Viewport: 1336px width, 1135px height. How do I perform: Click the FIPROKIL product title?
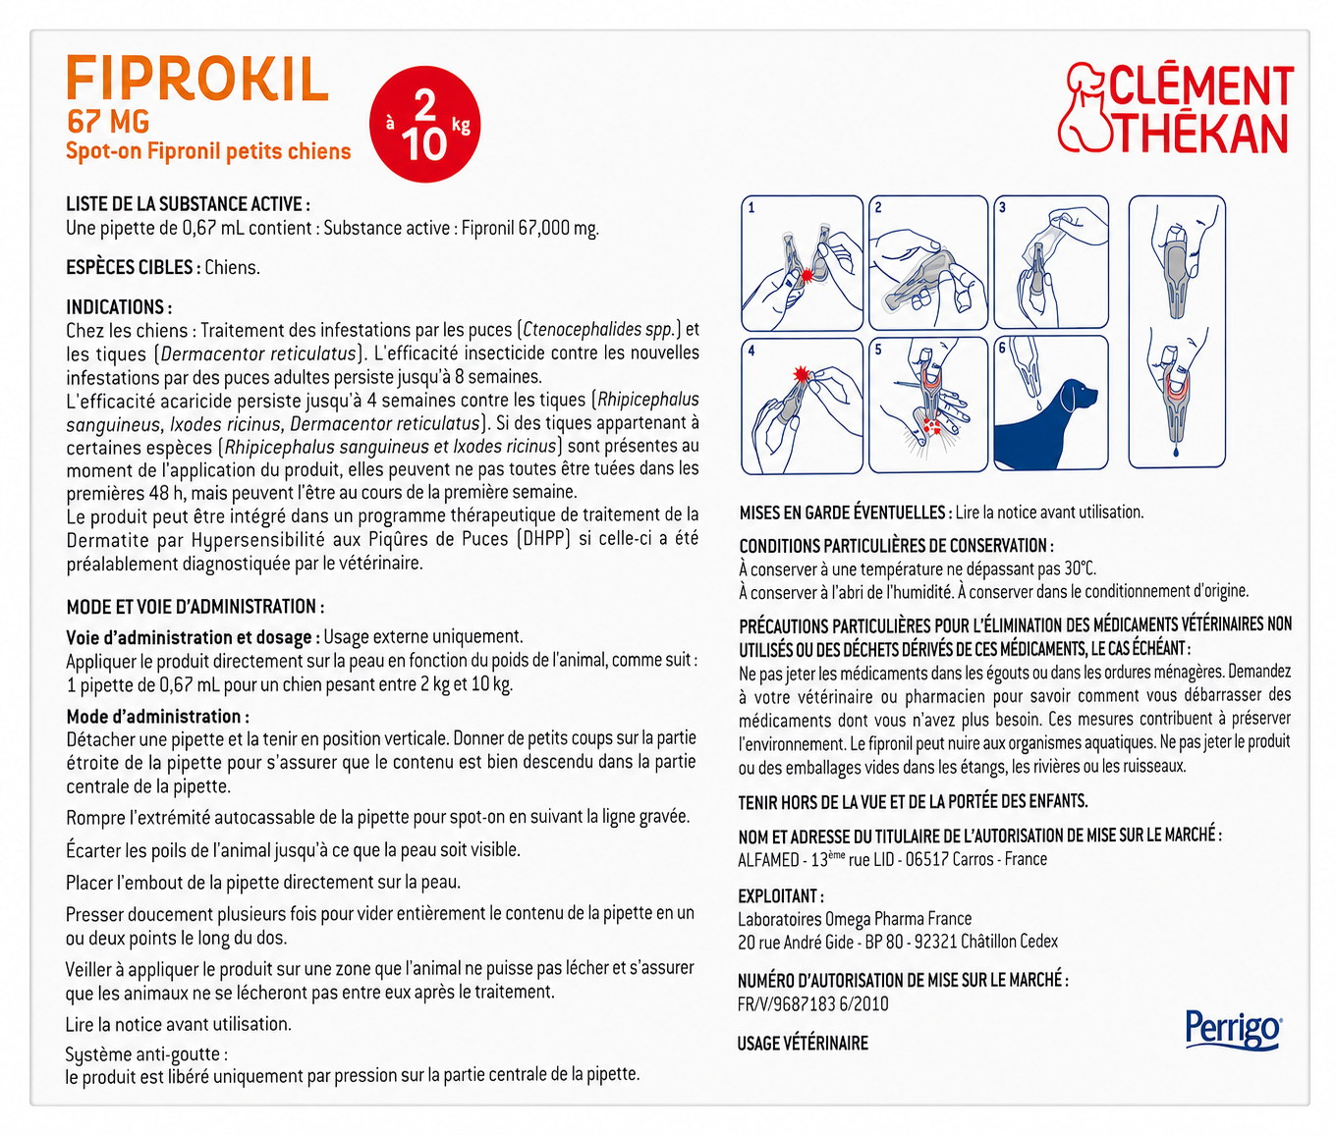tap(197, 79)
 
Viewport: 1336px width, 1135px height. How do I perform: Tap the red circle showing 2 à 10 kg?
tap(424, 124)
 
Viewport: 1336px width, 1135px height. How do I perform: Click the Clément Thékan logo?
tap(1176, 109)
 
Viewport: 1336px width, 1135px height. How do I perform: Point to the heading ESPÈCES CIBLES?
tap(130, 267)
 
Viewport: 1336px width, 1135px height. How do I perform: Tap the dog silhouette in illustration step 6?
tap(1048, 422)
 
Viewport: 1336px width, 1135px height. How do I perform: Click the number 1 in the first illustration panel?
tap(751, 208)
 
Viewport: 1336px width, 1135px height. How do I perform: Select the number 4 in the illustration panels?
tap(751, 351)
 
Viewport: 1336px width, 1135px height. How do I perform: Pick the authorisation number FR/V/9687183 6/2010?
tap(813, 1003)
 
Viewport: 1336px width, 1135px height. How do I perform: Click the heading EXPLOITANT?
tap(779, 896)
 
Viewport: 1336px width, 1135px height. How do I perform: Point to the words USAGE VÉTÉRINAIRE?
tap(803, 1044)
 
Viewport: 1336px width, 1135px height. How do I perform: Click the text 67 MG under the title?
tap(108, 122)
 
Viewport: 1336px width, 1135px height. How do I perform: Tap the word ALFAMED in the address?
tap(768, 860)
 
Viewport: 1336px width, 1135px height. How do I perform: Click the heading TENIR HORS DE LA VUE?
tap(912, 802)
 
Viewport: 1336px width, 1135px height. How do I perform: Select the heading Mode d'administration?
tap(154, 717)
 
